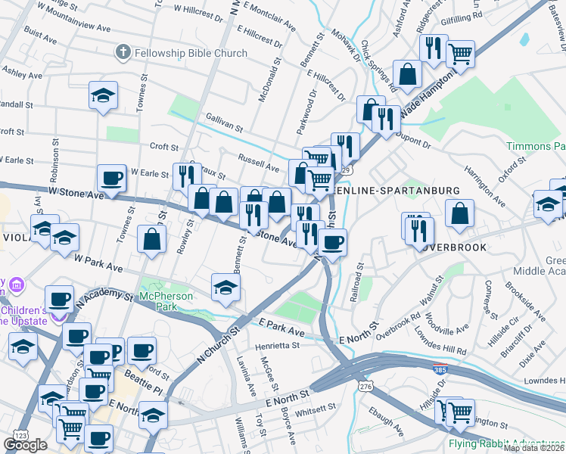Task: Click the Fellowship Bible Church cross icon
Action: click(123, 53)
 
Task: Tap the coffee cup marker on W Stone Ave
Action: click(112, 179)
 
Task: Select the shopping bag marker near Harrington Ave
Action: click(459, 214)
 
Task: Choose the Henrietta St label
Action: click(278, 345)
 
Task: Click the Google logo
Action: click(25, 445)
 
